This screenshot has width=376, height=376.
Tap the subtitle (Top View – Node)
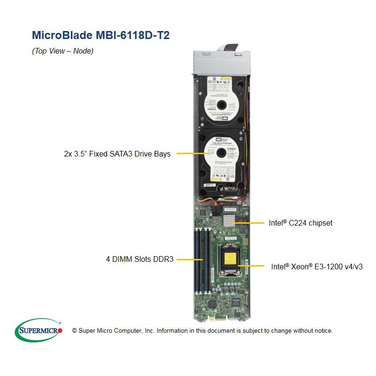63,51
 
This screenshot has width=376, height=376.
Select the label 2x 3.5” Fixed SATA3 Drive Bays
117,154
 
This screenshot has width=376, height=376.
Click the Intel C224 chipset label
300,223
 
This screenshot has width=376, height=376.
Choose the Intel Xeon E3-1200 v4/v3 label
317,266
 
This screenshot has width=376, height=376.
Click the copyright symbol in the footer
74,331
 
